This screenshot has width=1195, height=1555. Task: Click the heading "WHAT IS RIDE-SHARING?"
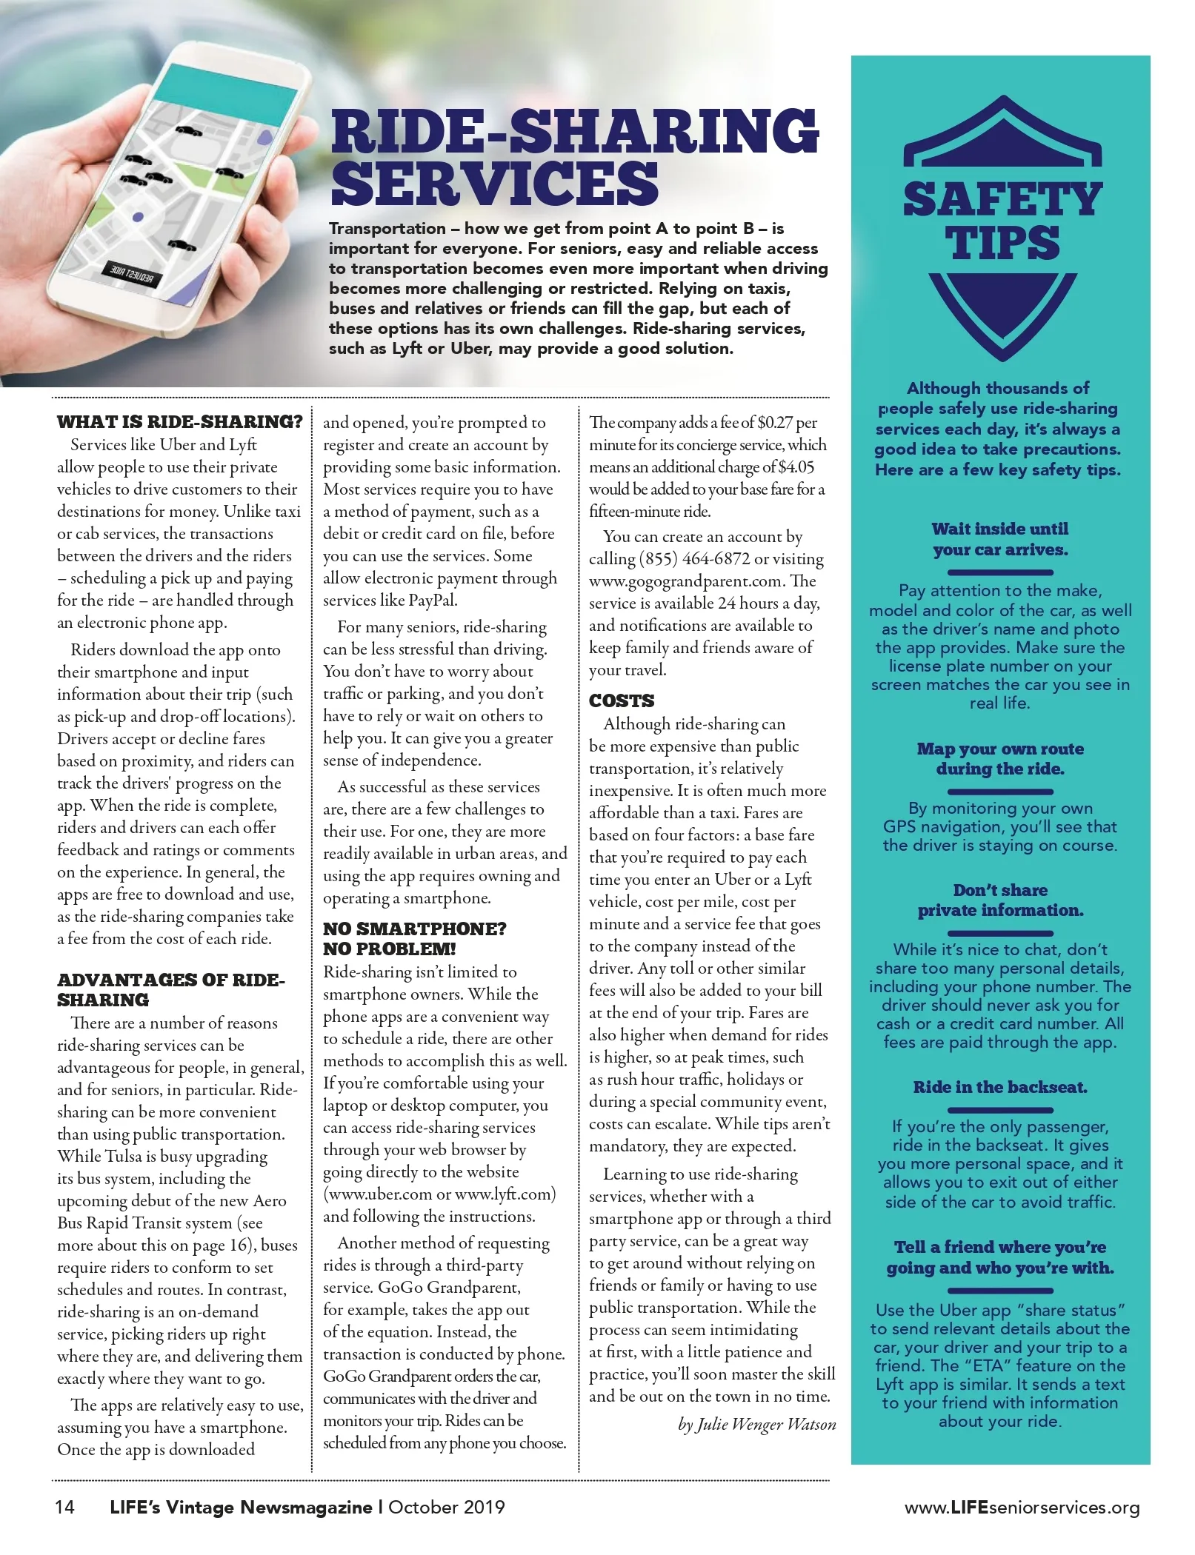[179, 422]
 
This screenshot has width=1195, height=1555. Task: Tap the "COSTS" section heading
[622, 700]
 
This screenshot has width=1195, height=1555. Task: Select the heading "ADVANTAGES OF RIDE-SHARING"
[170, 990]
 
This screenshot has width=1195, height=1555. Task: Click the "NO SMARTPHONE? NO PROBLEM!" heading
[414, 939]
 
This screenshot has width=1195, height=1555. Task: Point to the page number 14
[64, 1507]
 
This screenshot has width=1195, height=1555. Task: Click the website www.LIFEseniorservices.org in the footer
[1022, 1508]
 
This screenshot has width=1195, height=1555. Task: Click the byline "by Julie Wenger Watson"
[757, 1424]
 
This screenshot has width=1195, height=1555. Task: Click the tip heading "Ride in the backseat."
[1000, 1087]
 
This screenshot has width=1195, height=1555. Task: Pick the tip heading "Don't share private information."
[1000, 900]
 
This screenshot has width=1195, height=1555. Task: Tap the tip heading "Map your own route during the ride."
[1000, 758]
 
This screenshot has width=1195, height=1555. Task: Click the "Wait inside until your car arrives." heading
[1000, 539]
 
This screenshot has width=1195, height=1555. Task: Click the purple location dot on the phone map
[138, 217]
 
